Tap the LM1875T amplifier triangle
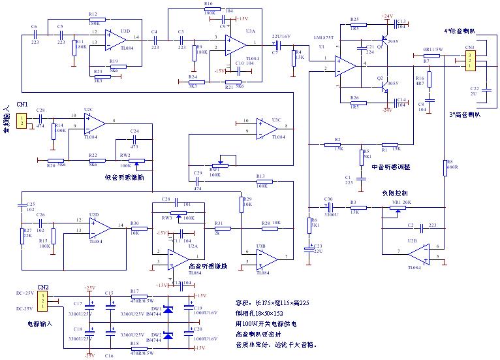343,65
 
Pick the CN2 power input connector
42,301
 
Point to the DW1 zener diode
168,309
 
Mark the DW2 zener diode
168,336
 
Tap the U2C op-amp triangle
94,122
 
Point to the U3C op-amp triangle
266,129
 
